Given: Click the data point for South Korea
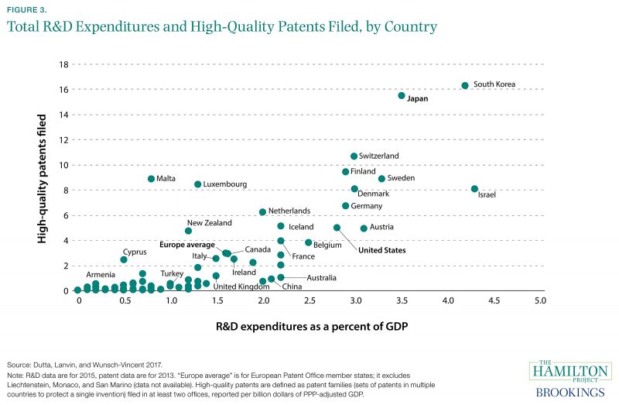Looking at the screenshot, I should pos(465,85).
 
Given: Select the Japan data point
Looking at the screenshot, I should pos(402,95).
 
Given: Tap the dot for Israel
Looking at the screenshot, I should pos(474,189).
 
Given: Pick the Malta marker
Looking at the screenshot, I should pos(152,179).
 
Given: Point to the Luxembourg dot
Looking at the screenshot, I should pos(198,184).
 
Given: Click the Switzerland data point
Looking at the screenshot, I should pos(354,156).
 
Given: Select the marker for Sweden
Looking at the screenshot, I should pos(381,179).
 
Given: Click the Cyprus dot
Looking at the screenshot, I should pos(124,259).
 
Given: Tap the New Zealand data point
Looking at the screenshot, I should pos(188,231).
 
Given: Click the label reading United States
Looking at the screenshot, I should pos(381,250).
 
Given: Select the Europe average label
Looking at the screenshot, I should pos(187,245).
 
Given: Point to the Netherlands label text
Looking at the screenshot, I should pos(290,211).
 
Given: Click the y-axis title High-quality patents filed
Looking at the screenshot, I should pos(43,180).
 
